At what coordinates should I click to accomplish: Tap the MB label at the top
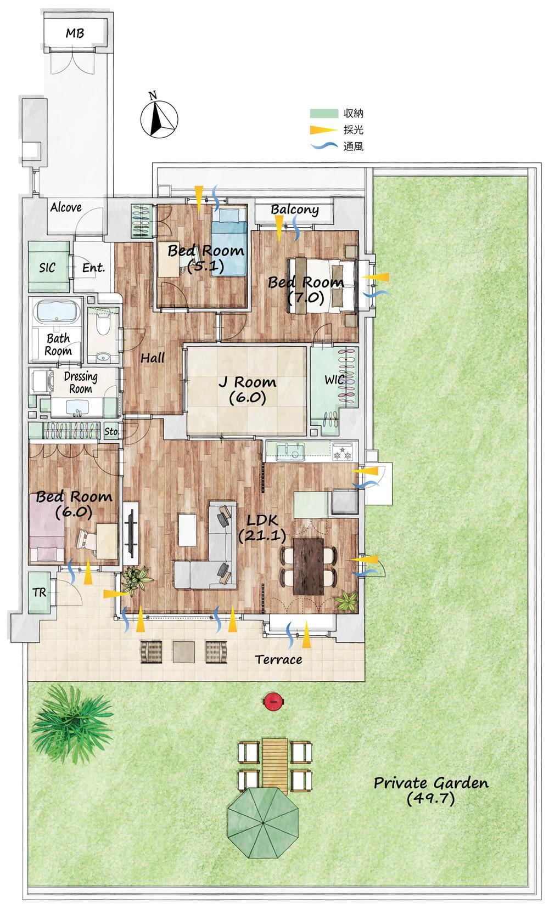(x=75, y=33)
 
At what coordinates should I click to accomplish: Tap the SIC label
(x=48, y=268)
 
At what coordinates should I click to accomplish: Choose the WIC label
(x=334, y=380)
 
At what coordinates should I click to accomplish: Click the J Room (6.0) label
(x=247, y=389)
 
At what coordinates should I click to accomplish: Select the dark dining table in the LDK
(x=308, y=566)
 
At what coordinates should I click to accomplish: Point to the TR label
(x=40, y=593)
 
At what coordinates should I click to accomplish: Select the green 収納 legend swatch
(x=324, y=113)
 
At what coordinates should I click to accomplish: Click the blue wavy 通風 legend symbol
(x=324, y=146)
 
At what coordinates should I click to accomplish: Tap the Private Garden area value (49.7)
(x=430, y=799)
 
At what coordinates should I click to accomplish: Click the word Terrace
(x=278, y=659)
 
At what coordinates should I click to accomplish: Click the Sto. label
(x=111, y=431)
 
